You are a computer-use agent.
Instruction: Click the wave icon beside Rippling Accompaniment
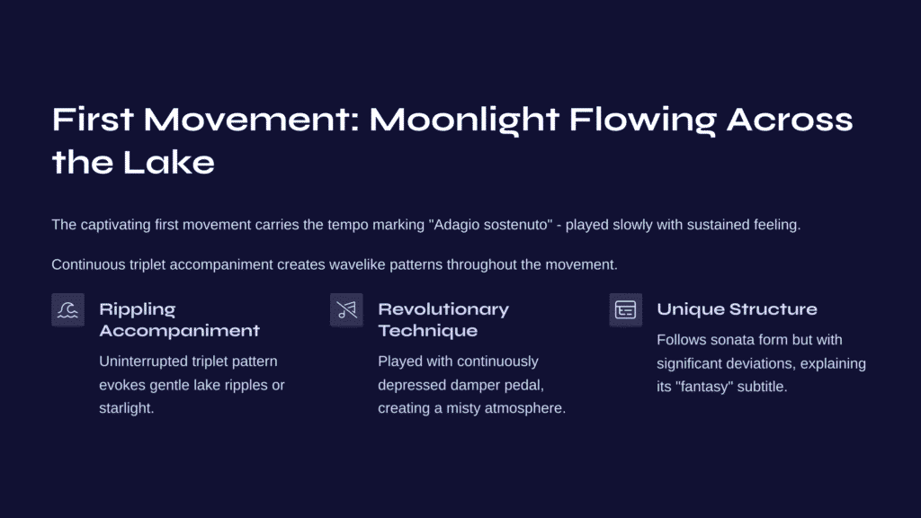(x=67, y=309)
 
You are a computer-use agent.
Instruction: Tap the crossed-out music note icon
(x=346, y=309)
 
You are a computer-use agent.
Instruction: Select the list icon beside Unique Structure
(x=626, y=309)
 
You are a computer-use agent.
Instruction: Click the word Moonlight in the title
(x=463, y=121)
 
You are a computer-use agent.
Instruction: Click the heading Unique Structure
(x=737, y=309)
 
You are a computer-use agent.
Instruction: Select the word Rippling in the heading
(x=138, y=309)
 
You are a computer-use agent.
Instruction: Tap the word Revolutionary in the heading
(x=443, y=309)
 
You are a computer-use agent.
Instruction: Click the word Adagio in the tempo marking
(x=455, y=225)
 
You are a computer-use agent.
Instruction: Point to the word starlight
(x=126, y=408)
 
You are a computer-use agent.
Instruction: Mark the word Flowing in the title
(x=642, y=121)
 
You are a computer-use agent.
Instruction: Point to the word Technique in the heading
(x=427, y=331)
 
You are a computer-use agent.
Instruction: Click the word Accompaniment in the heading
(x=179, y=331)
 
